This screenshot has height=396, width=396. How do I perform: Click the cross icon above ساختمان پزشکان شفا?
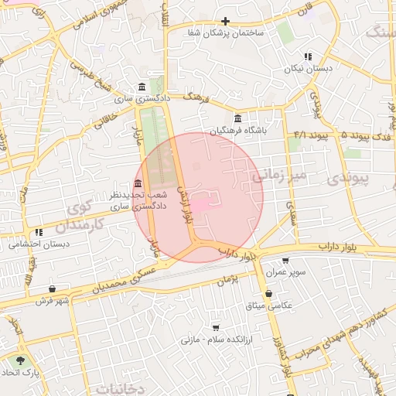pos(225,21)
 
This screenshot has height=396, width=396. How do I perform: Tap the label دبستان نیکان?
pos(311,69)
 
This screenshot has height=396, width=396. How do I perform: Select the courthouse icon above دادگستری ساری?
pos(140,87)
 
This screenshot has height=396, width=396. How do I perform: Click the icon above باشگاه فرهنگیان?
pos(236,119)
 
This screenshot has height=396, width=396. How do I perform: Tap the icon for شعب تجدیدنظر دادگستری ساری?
pos(138,183)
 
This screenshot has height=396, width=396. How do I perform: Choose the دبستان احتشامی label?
pos(39,244)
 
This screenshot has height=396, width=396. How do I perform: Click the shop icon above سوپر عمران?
pos(285,261)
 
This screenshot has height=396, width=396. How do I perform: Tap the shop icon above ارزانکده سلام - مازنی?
pos(215,327)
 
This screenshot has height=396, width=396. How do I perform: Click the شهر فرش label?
pos(52,300)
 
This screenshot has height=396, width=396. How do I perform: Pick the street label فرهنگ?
pos(198,97)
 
